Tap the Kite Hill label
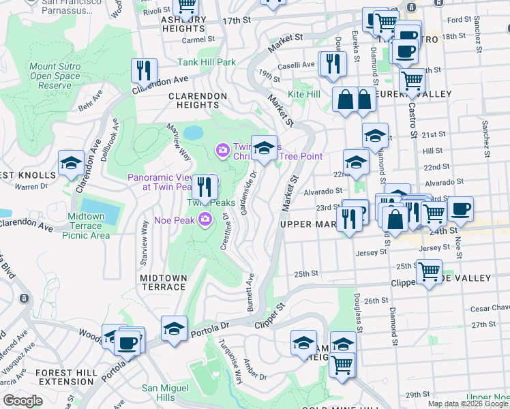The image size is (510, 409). coord(304,93)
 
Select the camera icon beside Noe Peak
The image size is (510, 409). coord(205,219)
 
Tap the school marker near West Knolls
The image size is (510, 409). coord(71,164)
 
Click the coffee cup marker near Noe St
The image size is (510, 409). coord(461,209)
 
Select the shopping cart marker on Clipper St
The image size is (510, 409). coord(429,273)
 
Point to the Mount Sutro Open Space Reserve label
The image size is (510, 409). coord(55,76)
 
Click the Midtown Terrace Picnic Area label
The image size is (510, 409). coord(89,226)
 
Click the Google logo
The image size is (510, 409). coord(22,401)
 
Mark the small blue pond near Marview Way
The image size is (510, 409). coord(192,132)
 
